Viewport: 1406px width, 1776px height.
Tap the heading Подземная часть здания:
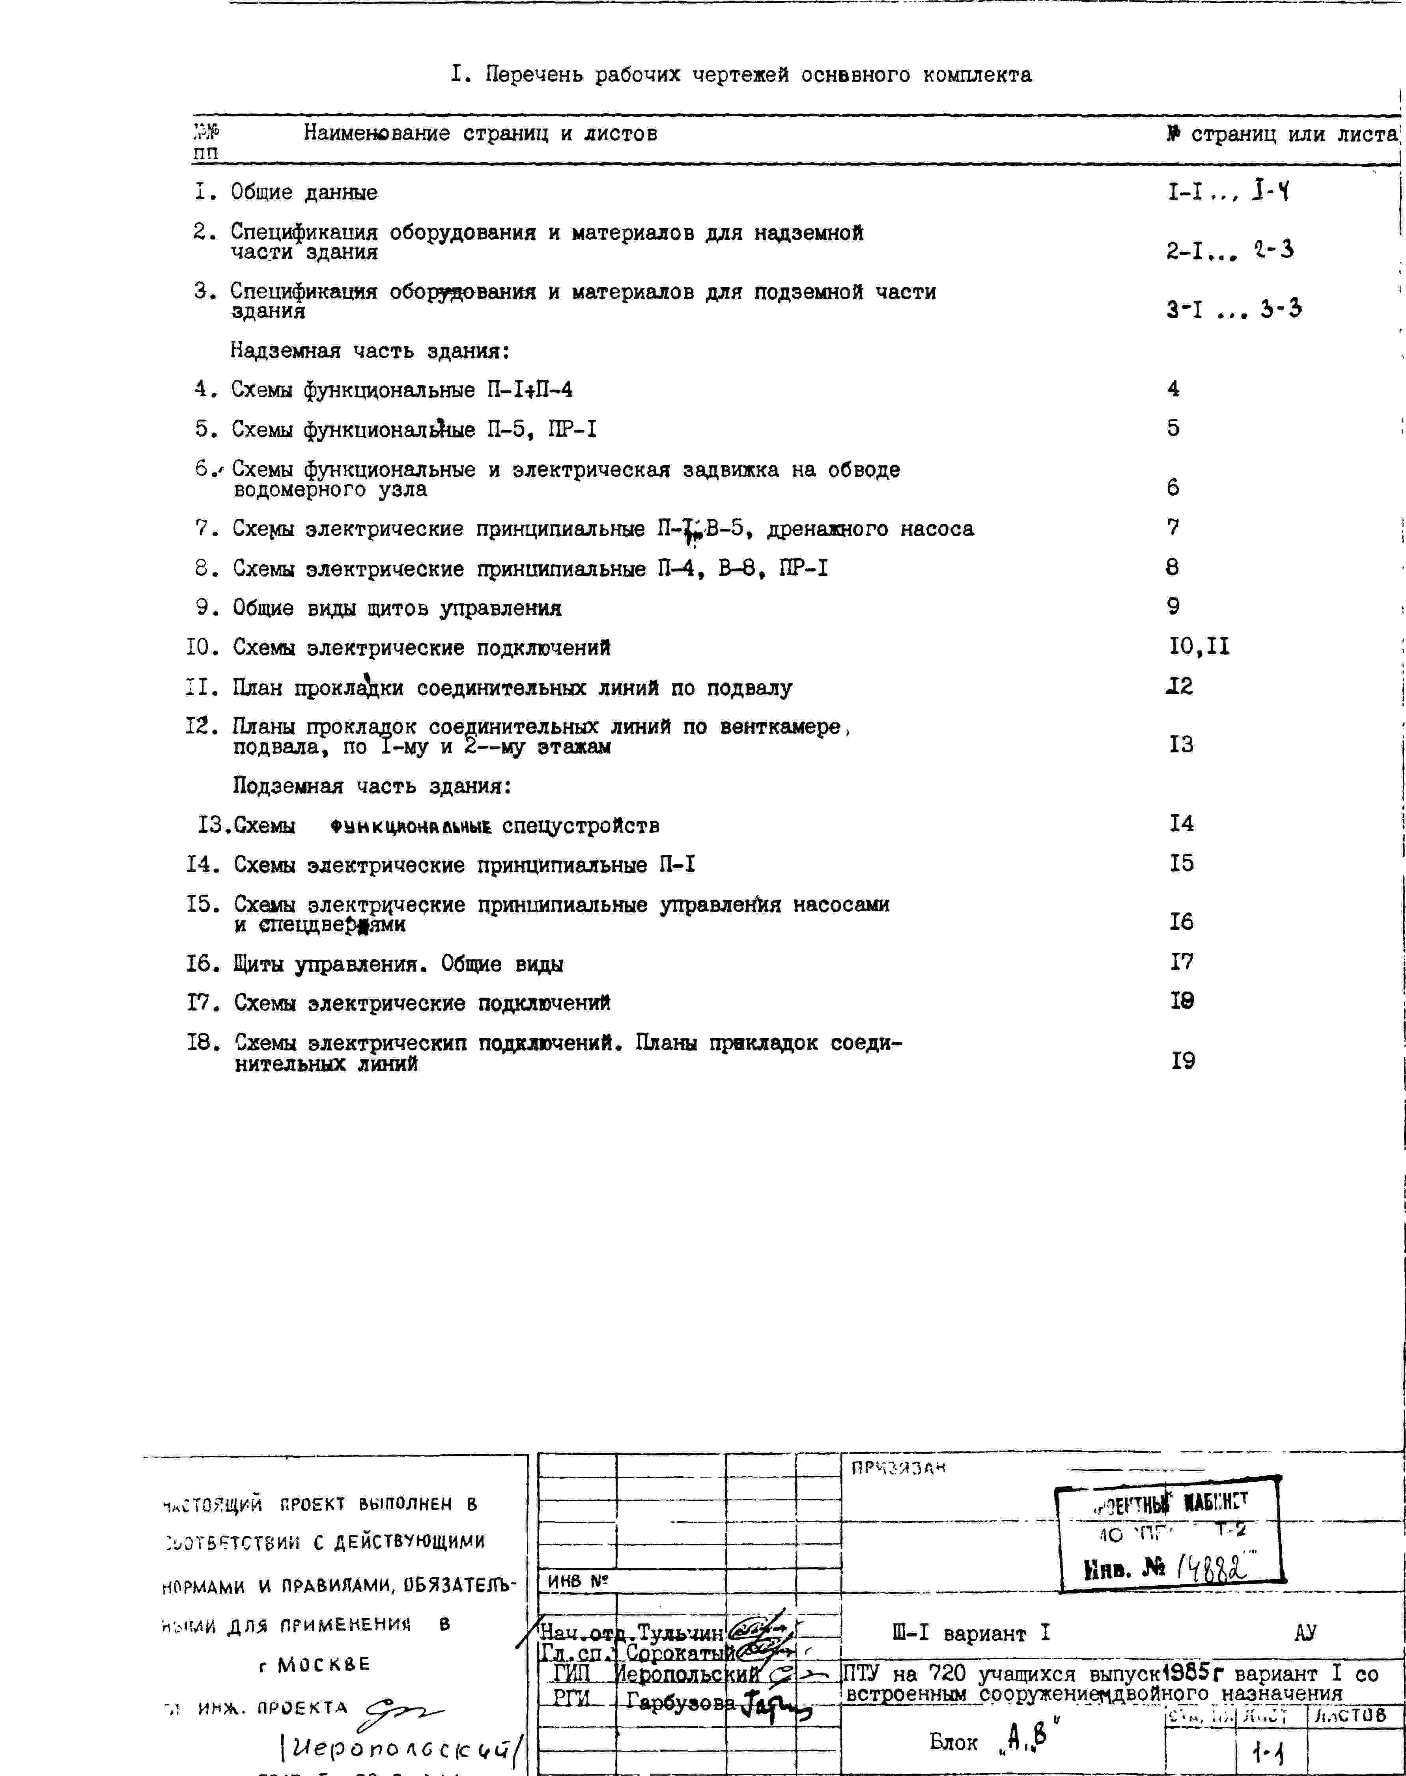tap(372, 786)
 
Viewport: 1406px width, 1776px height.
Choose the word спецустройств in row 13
tap(581, 825)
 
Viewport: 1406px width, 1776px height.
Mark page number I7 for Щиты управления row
tap(1181, 961)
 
